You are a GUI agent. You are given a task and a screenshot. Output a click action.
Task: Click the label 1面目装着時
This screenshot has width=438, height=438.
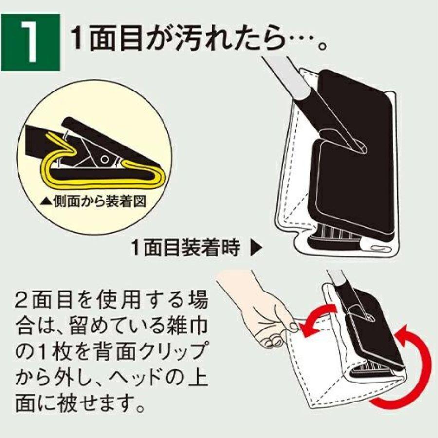pos(186,249)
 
